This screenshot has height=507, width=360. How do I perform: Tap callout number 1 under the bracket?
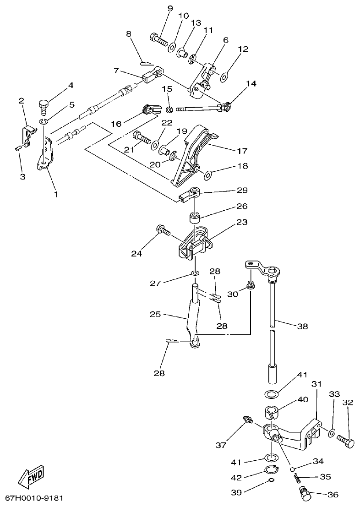(56, 194)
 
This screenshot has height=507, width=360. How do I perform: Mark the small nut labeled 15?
(169, 109)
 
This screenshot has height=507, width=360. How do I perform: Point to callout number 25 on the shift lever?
(156, 315)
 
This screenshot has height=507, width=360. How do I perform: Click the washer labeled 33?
(332, 432)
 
